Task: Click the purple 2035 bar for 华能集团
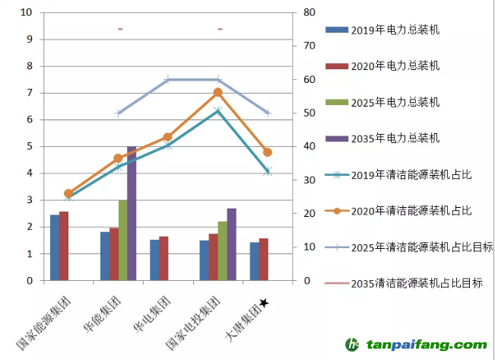[x=132, y=213]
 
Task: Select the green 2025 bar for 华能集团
[x=122, y=240]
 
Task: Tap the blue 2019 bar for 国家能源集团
[x=55, y=247]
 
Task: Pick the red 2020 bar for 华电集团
[x=163, y=258]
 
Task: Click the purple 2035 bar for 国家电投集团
[x=231, y=244]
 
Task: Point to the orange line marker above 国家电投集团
[x=217, y=92]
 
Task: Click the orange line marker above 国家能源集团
[x=68, y=193]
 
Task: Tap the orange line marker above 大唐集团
[x=268, y=152]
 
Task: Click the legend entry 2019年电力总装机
[x=395, y=30]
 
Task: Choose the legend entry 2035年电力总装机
[x=395, y=139]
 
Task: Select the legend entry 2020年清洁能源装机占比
[x=411, y=211]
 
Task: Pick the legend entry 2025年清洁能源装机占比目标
[x=421, y=247]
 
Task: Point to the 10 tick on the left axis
[x=27, y=12]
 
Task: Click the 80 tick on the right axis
[x=309, y=12]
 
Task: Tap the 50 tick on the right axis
[x=309, y=113]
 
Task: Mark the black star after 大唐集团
[x=263, y=303]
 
